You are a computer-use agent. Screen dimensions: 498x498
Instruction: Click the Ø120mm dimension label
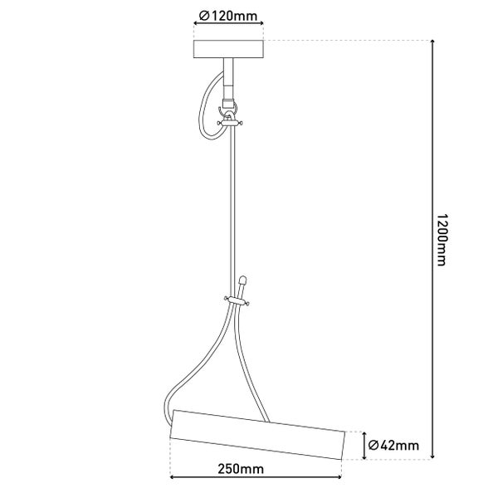(227, 16)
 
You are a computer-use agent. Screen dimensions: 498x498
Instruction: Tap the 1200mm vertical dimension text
(442, 240)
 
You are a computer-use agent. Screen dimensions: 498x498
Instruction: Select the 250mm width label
(241, 469)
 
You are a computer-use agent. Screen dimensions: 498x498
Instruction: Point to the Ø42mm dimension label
(393, 445)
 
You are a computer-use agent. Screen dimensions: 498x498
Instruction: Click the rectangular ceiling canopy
(228, 49)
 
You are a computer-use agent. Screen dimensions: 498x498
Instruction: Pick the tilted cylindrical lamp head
(257, 434)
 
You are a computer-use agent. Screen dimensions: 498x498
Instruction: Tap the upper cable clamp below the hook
(230, 122)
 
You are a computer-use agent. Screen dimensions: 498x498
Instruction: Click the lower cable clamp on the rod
(237, 300)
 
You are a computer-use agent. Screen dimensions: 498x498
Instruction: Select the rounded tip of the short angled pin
(243, 280)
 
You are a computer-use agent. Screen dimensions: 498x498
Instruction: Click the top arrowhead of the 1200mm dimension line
(432, 42)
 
